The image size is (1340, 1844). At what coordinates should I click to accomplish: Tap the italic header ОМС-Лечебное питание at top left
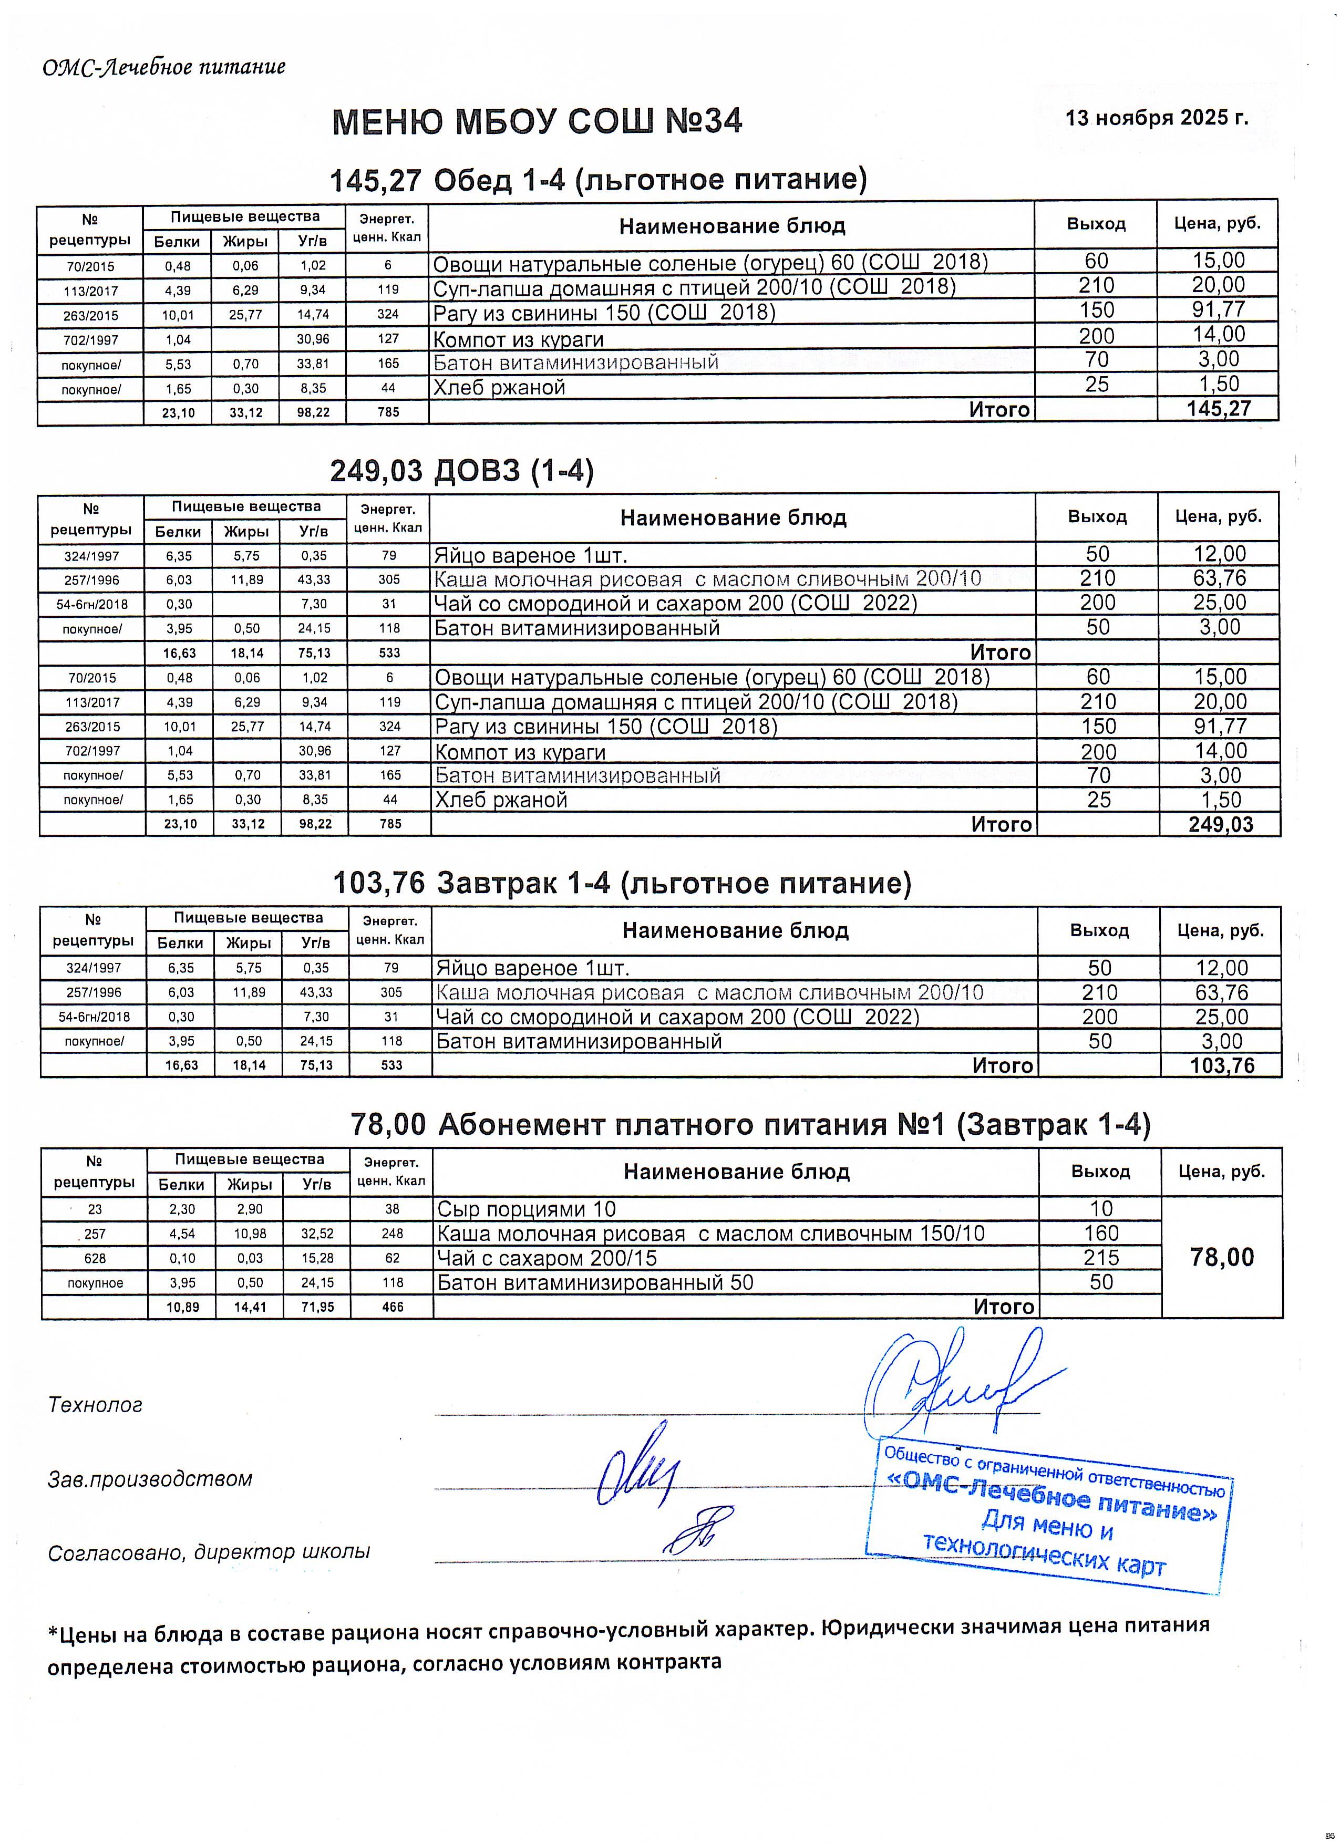pos(164,67)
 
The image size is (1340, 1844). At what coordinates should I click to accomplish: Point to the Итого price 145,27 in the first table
pos(1217,409)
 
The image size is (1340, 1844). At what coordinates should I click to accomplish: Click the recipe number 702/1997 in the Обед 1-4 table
pos(90,339)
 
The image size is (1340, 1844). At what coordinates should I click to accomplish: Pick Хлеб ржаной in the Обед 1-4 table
pos(499,387)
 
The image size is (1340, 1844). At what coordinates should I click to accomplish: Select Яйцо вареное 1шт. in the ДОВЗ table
pos(531,555)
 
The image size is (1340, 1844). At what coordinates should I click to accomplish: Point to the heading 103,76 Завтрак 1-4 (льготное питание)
pos(622,883)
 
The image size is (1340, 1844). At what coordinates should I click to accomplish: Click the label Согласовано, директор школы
pos(209,1552)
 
